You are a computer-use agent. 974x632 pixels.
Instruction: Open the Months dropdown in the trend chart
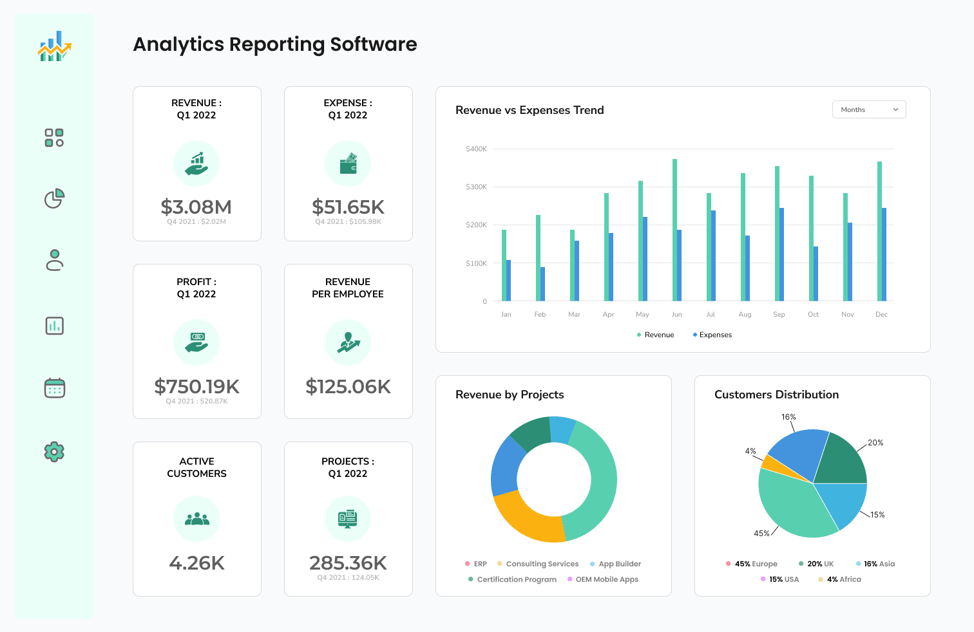tap(868, 110)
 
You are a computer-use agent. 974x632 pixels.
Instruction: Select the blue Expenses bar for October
tap(816, 274)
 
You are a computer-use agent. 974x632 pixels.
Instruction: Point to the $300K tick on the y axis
tap(476, 187)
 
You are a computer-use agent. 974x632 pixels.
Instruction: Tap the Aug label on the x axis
tap(745, 315)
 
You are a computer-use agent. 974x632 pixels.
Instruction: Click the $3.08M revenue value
tap(196, 207)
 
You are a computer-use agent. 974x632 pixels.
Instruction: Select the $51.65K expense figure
tap(348, 207)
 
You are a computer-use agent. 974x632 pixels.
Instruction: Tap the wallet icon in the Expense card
tap(348, 164)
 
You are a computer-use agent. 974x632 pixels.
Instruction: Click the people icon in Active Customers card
tap(196, 519)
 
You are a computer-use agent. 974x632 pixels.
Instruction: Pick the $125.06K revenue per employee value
tap(348, 387)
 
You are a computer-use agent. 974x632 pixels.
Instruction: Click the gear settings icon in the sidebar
tap(54, 452)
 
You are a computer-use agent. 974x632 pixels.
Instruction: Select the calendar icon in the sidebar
tap(54, 388)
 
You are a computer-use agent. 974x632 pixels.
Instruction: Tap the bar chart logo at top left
tap(54, 47)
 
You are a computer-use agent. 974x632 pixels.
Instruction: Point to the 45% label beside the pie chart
tap(761, 534)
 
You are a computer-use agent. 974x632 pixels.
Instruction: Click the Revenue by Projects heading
tap(509, 395)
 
